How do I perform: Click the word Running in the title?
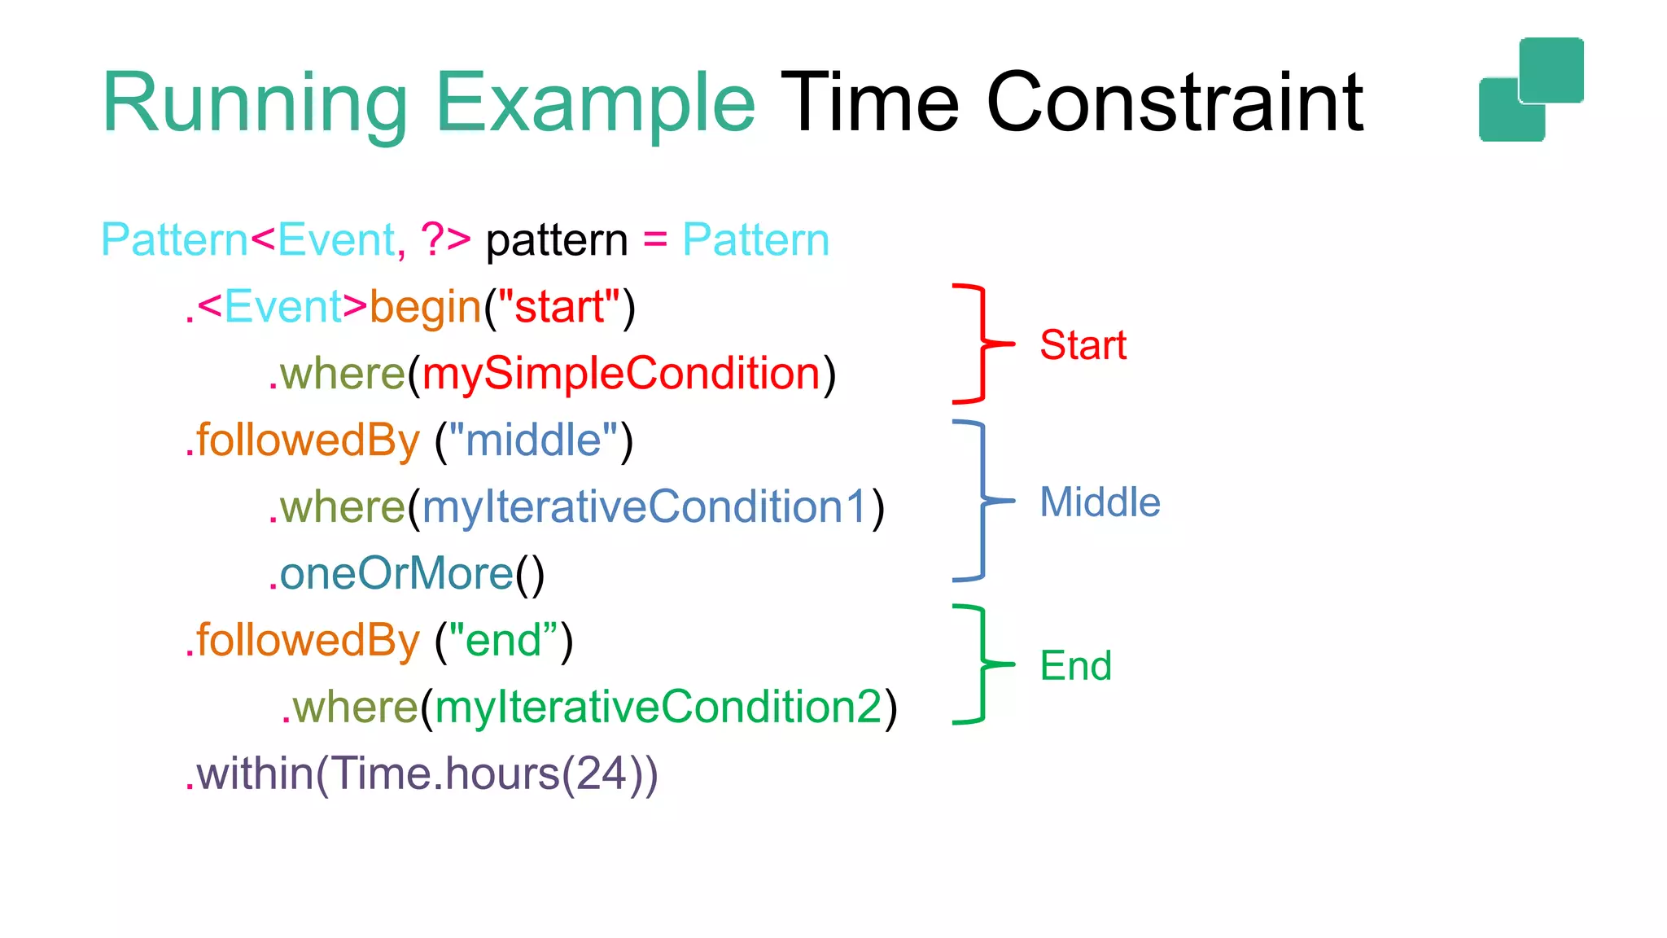(254, 104)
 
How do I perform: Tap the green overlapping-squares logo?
(1531, 90)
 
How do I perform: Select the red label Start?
(1083, 345)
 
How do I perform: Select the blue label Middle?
(1100, 502)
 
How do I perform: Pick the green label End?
(1075, 666)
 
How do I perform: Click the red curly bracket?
(981, 344)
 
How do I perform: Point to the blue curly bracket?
(981, 501)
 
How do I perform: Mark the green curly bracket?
(981, 664)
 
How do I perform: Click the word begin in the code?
(426, 308)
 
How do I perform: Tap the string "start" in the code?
(559, 308)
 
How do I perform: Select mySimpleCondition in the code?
(621, 374)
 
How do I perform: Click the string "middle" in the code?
(533, 441)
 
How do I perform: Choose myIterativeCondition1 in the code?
(645, 507)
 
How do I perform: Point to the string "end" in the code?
(503, 641)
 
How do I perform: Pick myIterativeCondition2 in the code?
(658, 707)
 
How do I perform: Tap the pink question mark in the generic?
(431, 240)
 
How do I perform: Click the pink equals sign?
(655, 241)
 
